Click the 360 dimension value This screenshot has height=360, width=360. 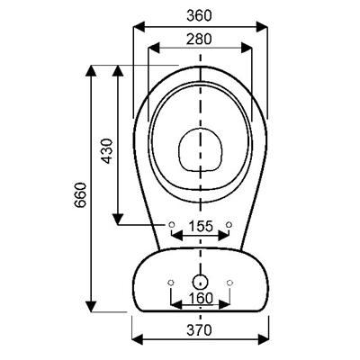tap(199, 15)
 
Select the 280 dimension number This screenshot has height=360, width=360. tap(199, 39)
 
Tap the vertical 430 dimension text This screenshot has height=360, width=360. tap(107, 151)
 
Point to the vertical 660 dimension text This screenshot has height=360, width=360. tap(81, 195)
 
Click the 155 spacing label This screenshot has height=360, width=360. tap(201, 226)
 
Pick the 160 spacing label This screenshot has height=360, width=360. tap(201, 298)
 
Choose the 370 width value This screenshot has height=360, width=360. tap(200, 330)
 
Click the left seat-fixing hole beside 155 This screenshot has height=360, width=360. tap(171, 224)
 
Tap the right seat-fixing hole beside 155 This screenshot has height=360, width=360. tap(229, 224)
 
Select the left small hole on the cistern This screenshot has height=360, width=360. tap(171, 283)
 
